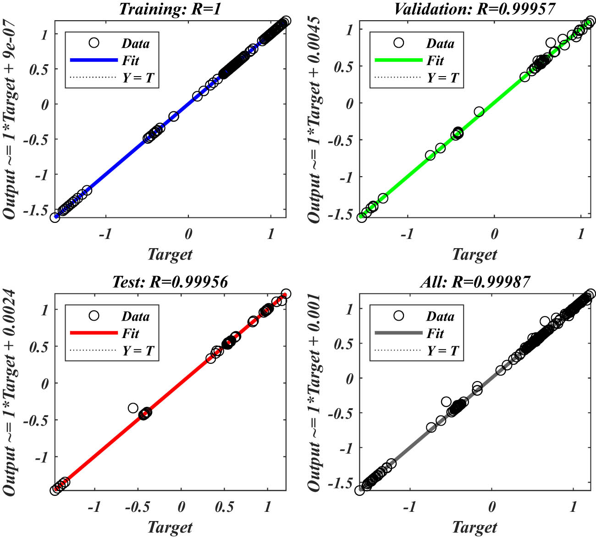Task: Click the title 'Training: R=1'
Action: click(170, 9)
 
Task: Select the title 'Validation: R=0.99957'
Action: click(475, 9)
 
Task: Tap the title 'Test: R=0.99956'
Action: click(170, 282)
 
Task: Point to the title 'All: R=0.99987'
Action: click(475, 282)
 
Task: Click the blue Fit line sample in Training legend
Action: click(94, 60)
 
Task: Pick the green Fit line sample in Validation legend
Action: click(398, 60)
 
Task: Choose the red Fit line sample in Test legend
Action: click(94, 333)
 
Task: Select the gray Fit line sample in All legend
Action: click(398, 333)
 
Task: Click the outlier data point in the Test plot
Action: click(133, 408)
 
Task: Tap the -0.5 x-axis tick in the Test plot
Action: click(138, 507)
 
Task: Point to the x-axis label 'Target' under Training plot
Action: click(170, 254)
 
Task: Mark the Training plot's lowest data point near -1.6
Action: click(55, 217)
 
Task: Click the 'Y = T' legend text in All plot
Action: click(442, 351)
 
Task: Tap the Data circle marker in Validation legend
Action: click(398, 43)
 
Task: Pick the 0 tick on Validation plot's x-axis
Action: click(494, 234)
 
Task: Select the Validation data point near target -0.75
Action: click(430, 155)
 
